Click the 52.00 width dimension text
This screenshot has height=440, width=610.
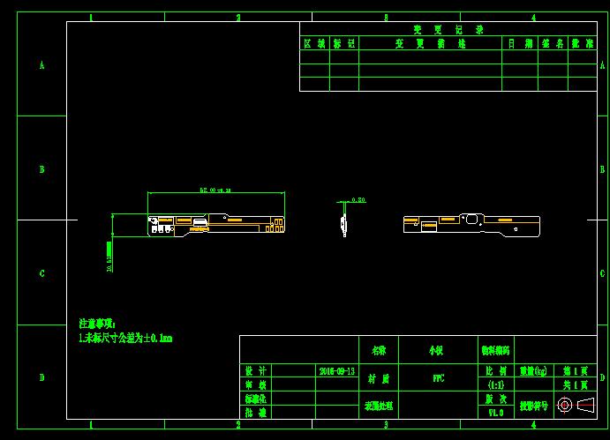215,190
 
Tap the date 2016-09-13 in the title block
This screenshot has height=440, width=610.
337,371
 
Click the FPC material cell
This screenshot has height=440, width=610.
436,378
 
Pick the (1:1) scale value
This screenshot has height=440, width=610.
495,385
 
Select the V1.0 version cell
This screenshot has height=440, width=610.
495,412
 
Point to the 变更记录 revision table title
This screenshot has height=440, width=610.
436,29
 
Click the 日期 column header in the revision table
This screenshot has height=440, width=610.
519,42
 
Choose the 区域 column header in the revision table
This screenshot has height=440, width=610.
314,42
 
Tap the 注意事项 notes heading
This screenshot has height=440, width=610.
97,324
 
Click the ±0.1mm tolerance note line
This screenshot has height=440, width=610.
125,338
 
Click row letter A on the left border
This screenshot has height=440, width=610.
41,65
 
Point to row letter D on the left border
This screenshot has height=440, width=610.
41,377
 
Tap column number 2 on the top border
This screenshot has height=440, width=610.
238,17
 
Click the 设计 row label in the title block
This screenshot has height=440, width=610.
255,371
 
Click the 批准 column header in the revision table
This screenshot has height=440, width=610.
582,42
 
